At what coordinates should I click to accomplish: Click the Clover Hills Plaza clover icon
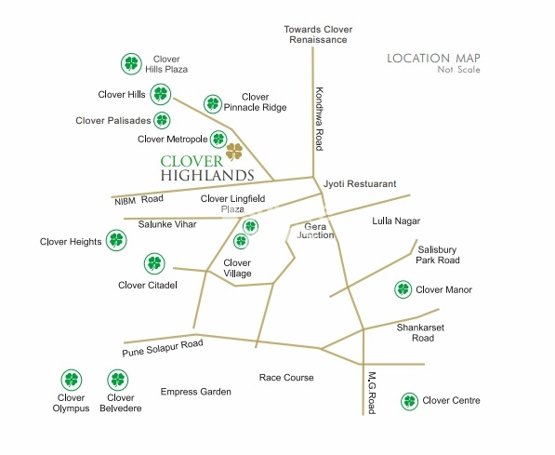[x=132, y=64]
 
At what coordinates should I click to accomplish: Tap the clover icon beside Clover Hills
[x=161, y=94]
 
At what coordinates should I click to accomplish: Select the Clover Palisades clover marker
[x=163, y=120]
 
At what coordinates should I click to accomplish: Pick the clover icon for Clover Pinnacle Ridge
[x=213, y=103]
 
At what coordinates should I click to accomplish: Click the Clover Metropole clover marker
[x=218, y=139]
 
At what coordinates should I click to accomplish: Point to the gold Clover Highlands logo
[x=234, y=150]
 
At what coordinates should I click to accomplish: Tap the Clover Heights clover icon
[x=115, y=241]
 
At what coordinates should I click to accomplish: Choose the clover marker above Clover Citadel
[x=154, y=264]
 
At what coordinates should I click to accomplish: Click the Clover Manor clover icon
[x=403, y=289]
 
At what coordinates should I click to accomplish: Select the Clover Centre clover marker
[x=409, y=401]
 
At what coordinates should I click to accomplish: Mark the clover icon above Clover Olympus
[x=71, y=380]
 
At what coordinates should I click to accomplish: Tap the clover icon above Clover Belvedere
[x=117, y=380]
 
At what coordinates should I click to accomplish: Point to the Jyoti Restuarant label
[x=360, y=184]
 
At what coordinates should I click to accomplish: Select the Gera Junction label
[x=315, y=230]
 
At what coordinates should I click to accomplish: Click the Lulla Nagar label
[x=396, y=221]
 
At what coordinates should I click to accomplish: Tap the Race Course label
[x=286, y=378]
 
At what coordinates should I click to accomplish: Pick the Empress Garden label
[x=195, y=392]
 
